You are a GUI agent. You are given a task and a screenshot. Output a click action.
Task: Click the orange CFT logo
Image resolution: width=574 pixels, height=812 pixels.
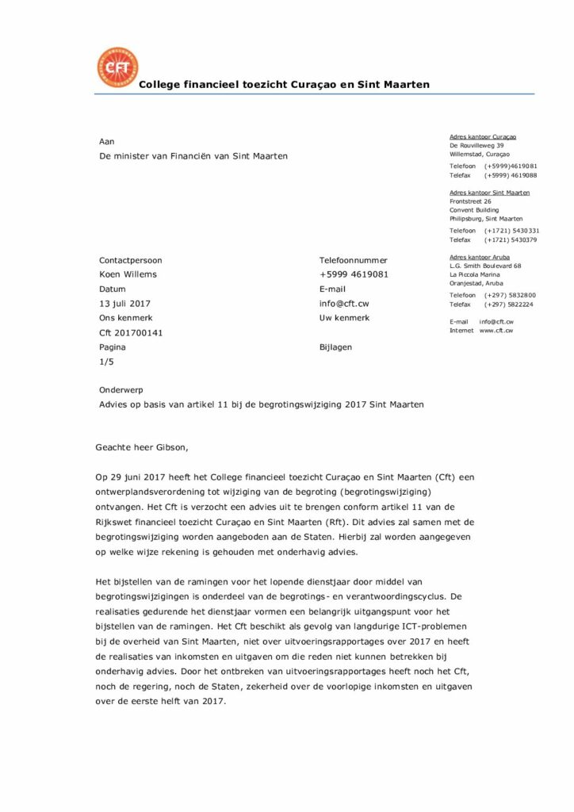[x=117, y=67]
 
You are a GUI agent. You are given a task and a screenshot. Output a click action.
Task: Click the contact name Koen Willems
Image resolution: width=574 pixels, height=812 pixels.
[x=128, y=275]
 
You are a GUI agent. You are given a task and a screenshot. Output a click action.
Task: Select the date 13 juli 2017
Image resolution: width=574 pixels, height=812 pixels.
[x=124, y=304]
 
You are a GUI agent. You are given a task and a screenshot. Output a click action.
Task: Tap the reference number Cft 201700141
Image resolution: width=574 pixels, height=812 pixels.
[x=131, y=333]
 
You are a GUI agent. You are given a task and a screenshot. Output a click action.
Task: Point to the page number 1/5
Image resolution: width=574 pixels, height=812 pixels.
[x=105, y=362]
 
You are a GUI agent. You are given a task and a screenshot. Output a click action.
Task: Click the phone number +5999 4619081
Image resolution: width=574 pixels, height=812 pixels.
[x=354, y=275]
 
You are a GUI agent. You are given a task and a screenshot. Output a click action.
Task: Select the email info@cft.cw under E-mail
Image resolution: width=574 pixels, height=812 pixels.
[x=343, y=304]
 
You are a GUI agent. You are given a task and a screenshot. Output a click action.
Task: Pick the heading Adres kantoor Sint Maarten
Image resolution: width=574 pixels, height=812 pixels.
[x=489, y=193]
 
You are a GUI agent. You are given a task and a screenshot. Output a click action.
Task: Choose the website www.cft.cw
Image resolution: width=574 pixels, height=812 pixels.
[x=496, y=330]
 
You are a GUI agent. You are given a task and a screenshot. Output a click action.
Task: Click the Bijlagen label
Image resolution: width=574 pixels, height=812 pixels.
[x=335, y=347]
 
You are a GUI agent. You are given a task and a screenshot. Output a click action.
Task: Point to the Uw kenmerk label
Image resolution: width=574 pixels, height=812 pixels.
[x=344, y=318]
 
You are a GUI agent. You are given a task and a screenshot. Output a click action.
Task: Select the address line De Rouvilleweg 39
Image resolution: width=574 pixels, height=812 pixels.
[x=476, y=146]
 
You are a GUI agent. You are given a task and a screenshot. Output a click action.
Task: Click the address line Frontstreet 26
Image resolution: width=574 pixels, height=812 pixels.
[x=470, y=201]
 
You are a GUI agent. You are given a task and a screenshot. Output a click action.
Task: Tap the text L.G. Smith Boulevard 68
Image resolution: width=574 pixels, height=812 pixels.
[x=485, y=266]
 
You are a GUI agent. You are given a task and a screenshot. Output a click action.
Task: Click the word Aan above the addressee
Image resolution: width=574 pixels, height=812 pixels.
[x=106, y=141]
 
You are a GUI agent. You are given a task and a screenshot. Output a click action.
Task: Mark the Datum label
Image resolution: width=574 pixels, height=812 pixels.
[x=112, y=289]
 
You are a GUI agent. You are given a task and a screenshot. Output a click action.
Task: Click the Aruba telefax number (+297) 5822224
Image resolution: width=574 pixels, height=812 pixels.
[x=508, y=304]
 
